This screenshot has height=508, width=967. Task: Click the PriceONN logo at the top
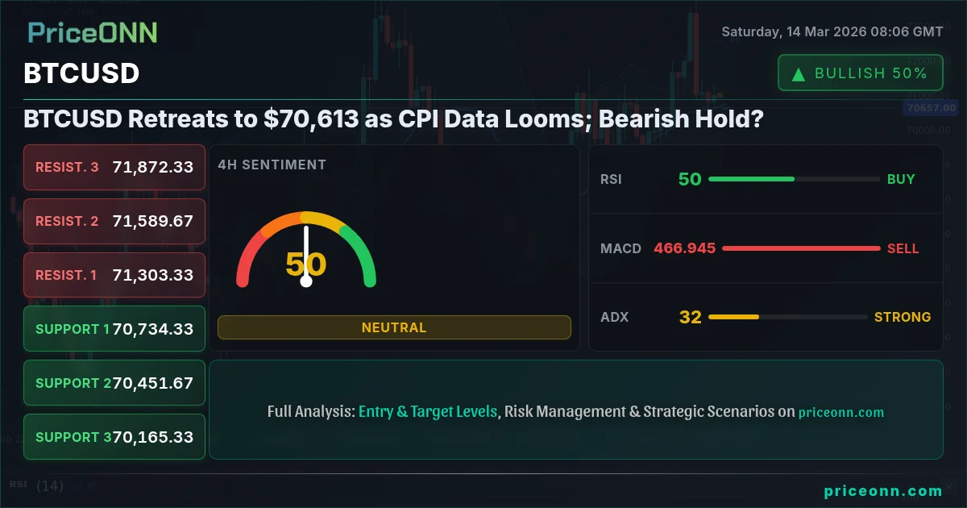(x=93, y=33)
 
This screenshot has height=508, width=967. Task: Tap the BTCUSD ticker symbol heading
(x=81, y=73)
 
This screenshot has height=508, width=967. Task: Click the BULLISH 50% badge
(x=860, y=73)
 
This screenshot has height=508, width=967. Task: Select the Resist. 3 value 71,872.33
(x=153, y=167)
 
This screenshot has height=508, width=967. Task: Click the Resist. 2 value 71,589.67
(x=153, y=221)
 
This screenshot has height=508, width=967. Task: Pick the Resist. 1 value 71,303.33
(x=153, y=275)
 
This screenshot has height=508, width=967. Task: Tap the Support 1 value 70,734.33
(x=153, y=329)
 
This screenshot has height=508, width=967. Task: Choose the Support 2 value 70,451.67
(x=153, y=383)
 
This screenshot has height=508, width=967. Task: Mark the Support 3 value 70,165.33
(x=153, y=437)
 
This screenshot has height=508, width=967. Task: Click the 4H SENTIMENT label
(x=272, y=164)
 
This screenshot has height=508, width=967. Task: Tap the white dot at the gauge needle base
(x=306, y=281)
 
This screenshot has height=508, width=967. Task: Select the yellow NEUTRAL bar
(x=394, y=327)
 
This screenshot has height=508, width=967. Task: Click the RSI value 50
(x=690, y=179)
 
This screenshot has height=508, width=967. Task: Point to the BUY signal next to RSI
(x=901, y=179)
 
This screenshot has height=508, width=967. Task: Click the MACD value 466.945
(x=685, y=248)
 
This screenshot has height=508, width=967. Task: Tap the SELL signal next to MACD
(x=903, y=249)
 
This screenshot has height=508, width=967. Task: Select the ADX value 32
(x=691, y=317)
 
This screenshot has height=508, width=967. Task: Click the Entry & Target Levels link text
(x=428, y=412)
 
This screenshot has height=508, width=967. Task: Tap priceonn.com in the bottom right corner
(x=883, y=491)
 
